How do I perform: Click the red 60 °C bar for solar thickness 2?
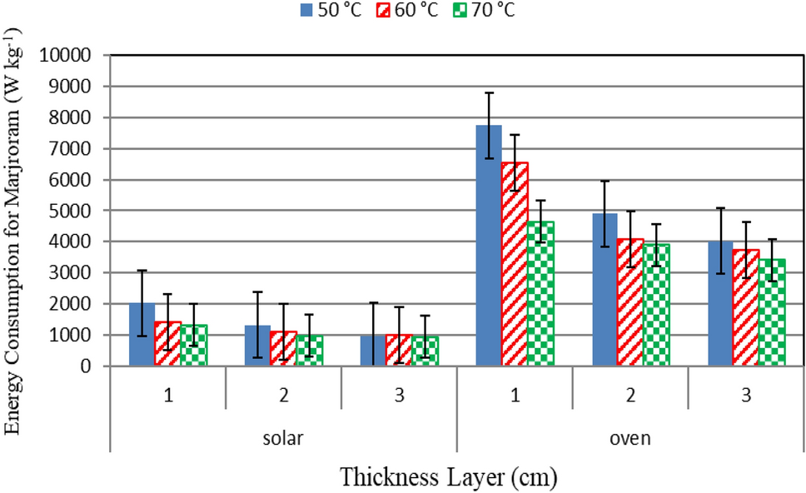click(283, 349)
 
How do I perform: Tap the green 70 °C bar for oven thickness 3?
click(772, 312)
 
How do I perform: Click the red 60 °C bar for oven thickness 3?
click(746, 308)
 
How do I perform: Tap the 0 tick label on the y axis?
click(97, 366)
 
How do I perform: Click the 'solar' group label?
click(283, 437)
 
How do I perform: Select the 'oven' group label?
click(630, 437)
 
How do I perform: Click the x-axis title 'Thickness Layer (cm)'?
click(447, 477)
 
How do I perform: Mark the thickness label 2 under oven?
click(630, 396)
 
